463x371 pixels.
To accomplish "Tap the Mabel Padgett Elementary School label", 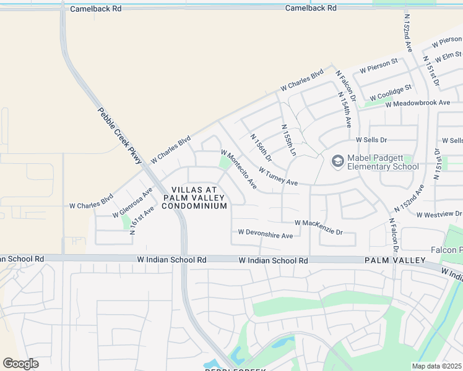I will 383,162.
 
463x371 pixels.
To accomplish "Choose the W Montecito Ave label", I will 239,169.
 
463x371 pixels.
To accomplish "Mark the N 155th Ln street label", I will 289,139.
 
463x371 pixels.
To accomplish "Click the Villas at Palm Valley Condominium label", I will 194,197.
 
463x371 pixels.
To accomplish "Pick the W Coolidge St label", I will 391,92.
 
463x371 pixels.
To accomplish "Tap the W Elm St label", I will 448,58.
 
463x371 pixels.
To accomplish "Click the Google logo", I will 20,364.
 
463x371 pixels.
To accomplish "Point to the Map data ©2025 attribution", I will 436,366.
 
